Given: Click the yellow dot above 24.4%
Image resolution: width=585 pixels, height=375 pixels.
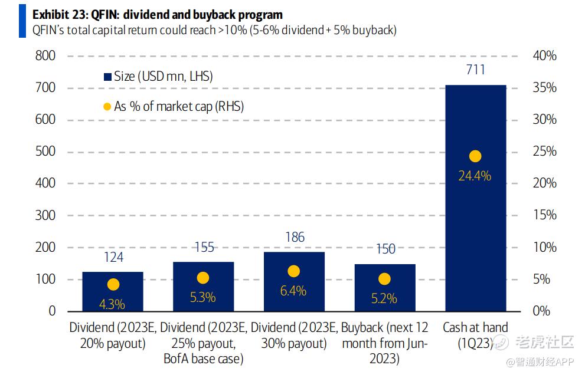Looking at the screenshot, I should pos(475,156).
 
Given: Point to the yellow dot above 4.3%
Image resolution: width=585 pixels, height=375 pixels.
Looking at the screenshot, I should pos(113,285).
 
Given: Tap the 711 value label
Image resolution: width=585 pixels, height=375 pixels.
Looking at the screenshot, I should pos(475,70).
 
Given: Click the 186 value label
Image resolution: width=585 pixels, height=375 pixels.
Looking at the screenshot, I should pos(294,238).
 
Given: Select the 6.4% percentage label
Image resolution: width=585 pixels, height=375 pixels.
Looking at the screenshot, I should pos(294,291).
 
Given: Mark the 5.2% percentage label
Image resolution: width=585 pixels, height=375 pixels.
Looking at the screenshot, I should pos(384,298).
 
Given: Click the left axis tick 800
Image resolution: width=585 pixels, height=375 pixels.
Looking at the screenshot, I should pos(45,56).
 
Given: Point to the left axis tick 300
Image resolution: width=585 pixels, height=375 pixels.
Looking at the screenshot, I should pos(45,215).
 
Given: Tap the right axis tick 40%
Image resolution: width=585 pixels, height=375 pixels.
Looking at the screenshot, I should pos(544,56).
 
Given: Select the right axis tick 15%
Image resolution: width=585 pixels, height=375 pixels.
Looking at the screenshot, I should pos(544,215).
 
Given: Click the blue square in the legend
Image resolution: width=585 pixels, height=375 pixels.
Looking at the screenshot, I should pos(107,77).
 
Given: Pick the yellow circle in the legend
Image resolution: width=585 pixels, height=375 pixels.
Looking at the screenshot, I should pos(107,107).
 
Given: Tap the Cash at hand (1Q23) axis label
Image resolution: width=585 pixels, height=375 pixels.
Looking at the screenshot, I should pos(475,335).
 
